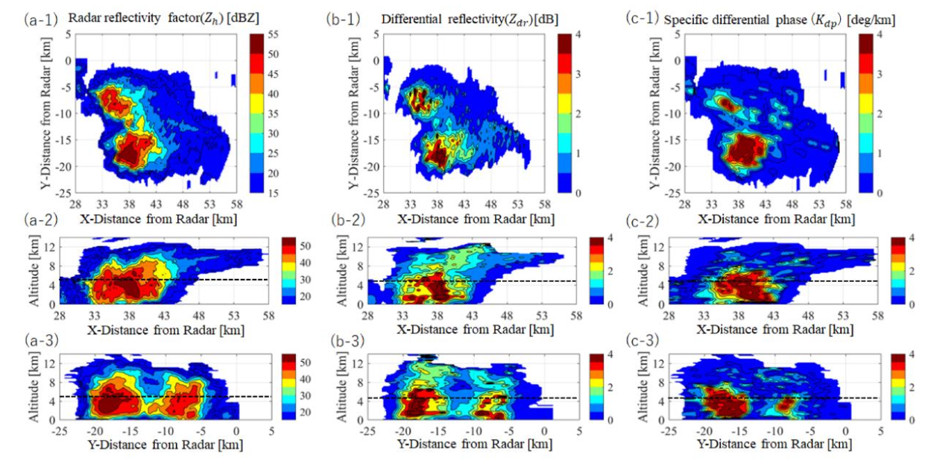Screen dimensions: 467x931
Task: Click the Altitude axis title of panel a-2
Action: point(33,272)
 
